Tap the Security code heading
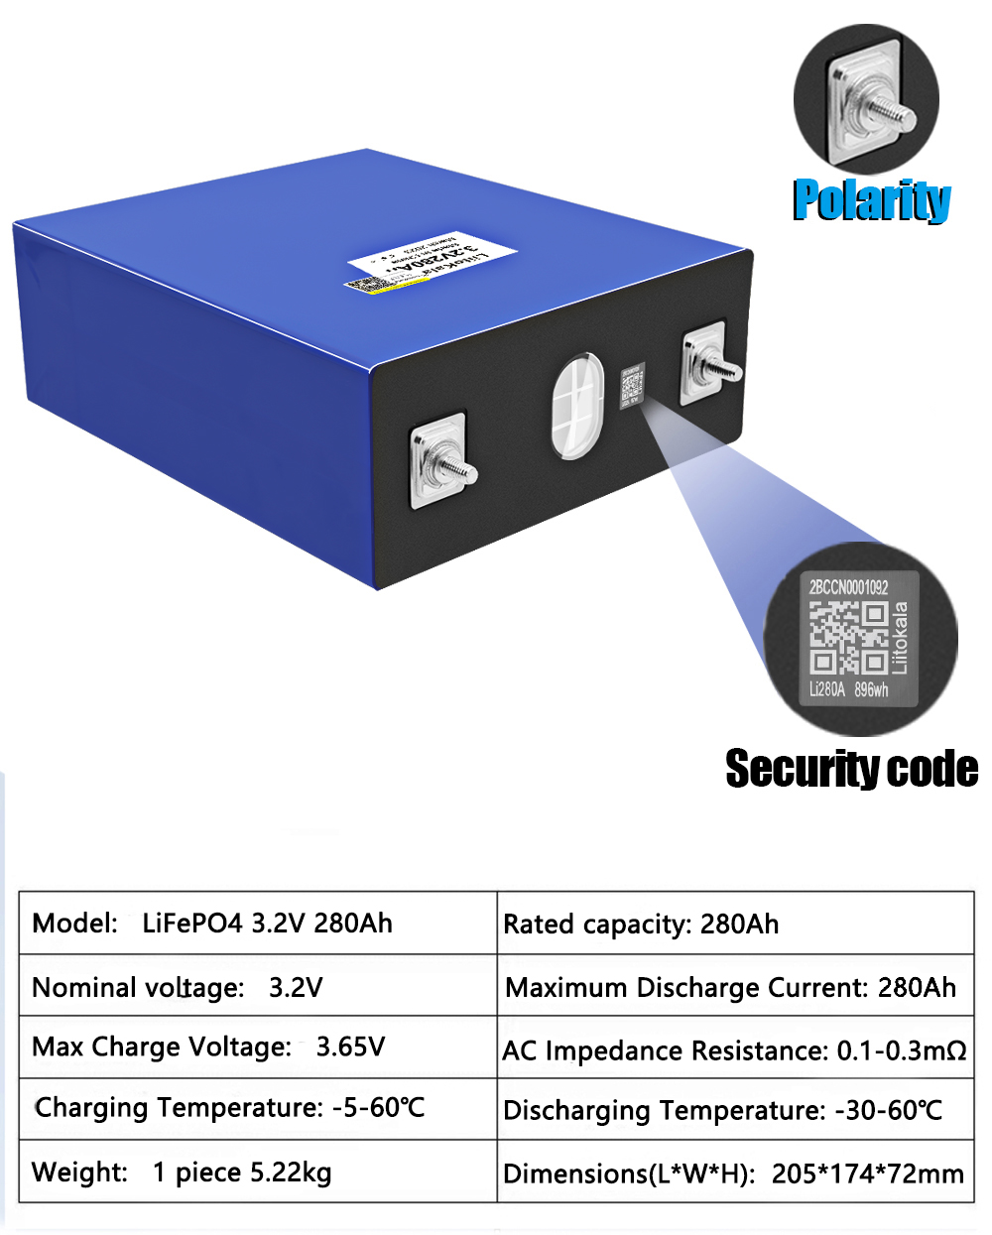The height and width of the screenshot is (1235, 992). [851, 769]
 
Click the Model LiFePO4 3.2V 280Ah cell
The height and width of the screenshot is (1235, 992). [212, 924]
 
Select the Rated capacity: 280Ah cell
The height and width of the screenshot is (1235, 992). [641, 925]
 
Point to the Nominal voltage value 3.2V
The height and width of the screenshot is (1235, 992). [296, 988]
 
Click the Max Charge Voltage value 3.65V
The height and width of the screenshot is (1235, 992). [350, 1048]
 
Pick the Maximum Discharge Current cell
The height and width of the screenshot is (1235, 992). [731, 988]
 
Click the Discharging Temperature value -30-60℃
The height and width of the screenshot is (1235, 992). [888, 1111]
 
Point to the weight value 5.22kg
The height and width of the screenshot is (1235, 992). [291, 1173]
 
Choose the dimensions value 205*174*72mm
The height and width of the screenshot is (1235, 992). [867, 1174]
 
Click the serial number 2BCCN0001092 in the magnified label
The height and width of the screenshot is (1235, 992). [848, 587]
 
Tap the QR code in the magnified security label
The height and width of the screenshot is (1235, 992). [847, 638]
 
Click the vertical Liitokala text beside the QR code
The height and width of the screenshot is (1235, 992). [900, 637]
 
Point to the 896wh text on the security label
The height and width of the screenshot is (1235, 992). [871, 689]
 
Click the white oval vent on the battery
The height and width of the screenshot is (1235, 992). [577, 406]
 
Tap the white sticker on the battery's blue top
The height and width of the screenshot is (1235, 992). [433, 261]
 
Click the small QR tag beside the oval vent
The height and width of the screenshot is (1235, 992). [632, 386]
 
